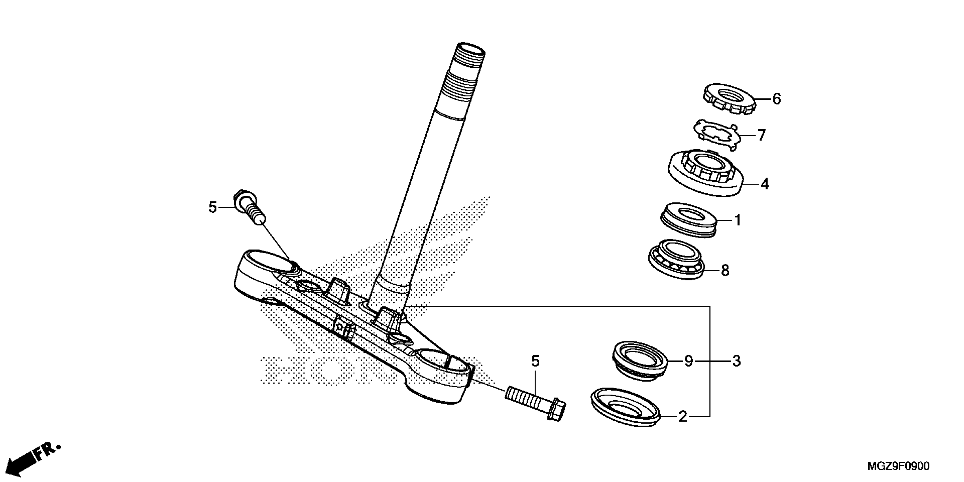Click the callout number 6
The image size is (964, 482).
[x=777, y=99]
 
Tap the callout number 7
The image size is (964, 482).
[x=762, y=135]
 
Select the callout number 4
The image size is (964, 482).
[x=765, y=184]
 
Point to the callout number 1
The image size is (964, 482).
[x=737, y=220]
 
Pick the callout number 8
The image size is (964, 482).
[x=725, y=270]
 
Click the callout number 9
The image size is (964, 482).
[x=689, y=361]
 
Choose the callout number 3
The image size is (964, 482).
[x=736, y=361]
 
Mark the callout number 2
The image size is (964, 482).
[x=683, y=417]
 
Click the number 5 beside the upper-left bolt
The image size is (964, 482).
[x=213, y=207]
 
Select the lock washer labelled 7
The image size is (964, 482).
[x=715, y=135]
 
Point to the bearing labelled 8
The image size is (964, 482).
[x=676, y=259]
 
